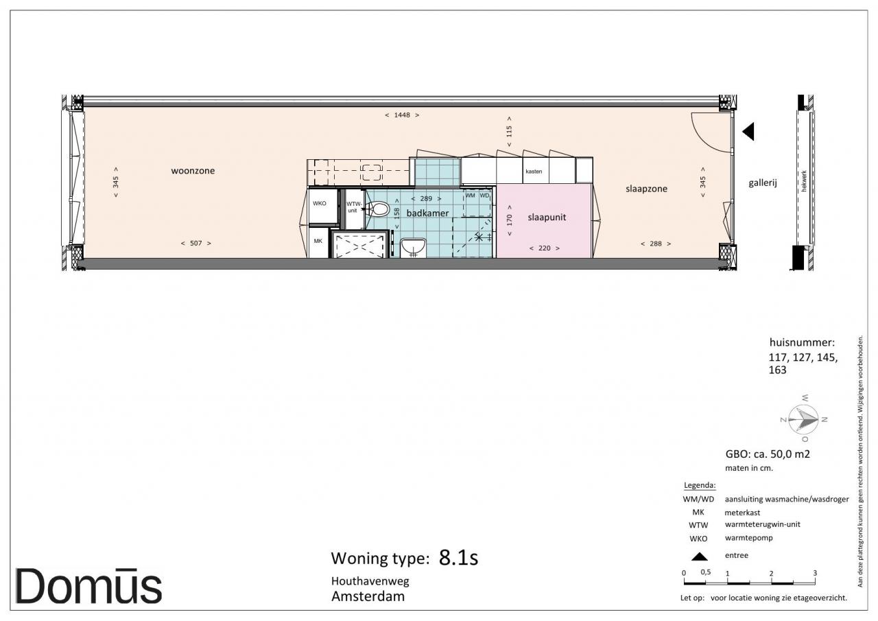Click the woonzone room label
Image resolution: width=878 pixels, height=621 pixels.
193,171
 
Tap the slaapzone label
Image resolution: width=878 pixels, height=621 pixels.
646,189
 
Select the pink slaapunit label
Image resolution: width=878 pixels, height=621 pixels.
547,218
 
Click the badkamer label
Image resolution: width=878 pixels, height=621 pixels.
427,213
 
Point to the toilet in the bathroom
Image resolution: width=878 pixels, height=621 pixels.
377,209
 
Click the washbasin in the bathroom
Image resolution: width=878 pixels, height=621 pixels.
413,248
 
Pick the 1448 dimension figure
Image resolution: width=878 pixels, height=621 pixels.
402,115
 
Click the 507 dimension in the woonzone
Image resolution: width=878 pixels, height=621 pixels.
196,244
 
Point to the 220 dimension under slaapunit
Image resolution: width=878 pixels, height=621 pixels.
545,248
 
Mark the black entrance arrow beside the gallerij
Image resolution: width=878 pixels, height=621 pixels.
748,131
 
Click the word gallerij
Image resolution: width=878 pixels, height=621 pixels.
763,183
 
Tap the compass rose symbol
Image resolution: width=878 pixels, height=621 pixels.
803,419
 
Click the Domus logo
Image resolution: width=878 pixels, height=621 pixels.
88,587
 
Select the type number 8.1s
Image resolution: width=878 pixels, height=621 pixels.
459,557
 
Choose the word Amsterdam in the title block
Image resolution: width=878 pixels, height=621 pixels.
368,596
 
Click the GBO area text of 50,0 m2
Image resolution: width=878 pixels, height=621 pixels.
768,454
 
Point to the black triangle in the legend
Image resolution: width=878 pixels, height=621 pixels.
699,556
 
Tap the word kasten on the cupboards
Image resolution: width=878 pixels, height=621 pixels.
534,172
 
